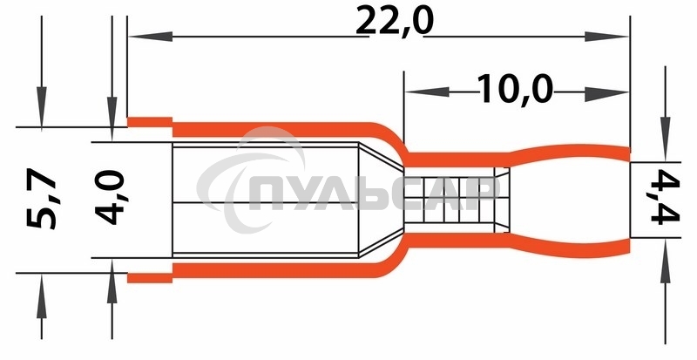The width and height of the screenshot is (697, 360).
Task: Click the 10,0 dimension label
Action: pos(515,90)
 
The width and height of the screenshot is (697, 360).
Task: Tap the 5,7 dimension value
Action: pos(41,199)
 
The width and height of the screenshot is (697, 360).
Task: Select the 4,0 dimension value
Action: pos(110,198)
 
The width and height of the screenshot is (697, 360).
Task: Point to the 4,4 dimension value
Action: pos(666,196)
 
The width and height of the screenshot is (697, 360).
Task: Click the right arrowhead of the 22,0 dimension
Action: pos(606,37)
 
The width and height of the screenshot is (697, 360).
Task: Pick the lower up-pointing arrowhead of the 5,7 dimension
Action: pos(41,295)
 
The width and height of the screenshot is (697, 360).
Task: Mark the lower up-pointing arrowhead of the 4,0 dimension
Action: pos(112,282)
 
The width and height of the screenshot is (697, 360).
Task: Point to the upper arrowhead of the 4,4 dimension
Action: pos(665,139)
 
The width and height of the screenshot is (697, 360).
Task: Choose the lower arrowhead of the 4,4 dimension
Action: pos(665,262)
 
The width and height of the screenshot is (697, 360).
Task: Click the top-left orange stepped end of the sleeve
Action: pos(150,122)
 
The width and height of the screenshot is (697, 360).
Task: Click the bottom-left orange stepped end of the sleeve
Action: pos(150,278)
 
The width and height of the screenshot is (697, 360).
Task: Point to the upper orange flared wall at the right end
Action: pos(570,153)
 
